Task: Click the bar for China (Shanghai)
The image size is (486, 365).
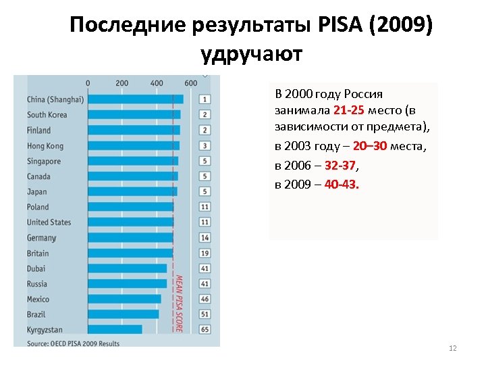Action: (135, 99)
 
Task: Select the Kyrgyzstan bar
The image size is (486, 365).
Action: (115, 329)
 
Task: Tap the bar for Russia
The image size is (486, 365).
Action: (127, 284)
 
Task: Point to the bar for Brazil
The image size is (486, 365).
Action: (124, 314)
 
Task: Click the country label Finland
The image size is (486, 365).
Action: (38, 130)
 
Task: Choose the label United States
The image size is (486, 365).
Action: (49, 222)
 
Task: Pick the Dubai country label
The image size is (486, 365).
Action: (36, 268)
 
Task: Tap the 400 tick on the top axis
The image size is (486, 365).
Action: (157, 83)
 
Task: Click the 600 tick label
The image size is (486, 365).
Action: (191, 83)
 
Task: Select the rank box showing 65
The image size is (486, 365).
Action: (205, 329)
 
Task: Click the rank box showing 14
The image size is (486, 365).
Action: (205, 238)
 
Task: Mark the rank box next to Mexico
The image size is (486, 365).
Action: (205, 299)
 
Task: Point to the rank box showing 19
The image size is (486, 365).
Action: (205, 253)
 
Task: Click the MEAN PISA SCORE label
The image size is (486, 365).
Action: (179, 302)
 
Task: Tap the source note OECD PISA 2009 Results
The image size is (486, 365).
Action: (73, 343)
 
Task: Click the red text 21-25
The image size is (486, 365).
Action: (348, 111)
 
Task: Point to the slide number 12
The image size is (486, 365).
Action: (452, 348)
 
